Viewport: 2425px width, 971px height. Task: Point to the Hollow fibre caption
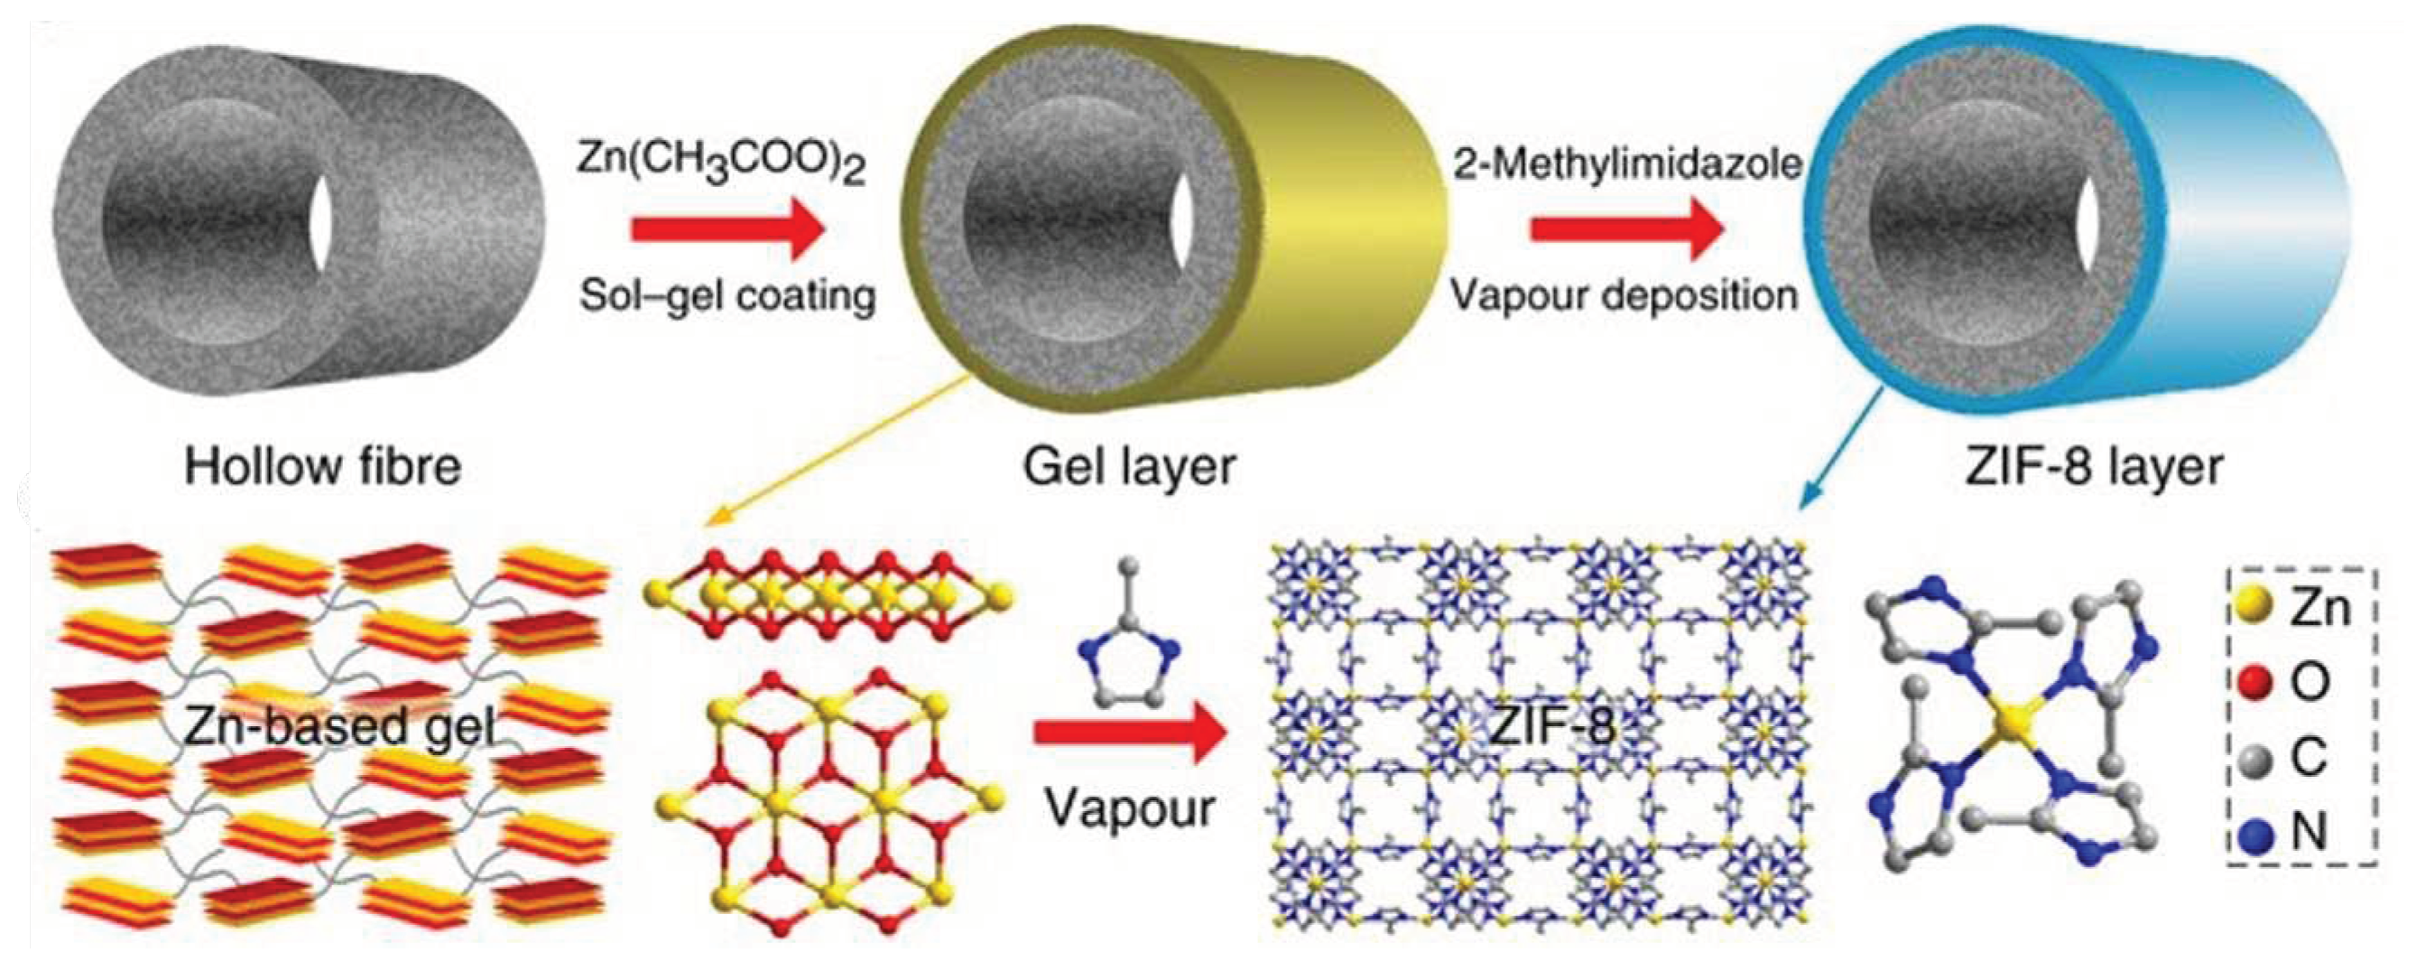point(323,466)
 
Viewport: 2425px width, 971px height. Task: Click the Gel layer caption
point(1129,466)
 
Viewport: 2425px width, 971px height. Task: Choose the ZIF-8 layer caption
point(2094,466)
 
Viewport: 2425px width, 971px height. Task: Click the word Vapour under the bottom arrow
point(1130,808)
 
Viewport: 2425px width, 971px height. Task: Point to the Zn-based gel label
point(339,727)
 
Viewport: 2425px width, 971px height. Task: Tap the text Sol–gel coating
point(727,295)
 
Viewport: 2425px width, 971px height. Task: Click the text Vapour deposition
point(1624,295)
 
